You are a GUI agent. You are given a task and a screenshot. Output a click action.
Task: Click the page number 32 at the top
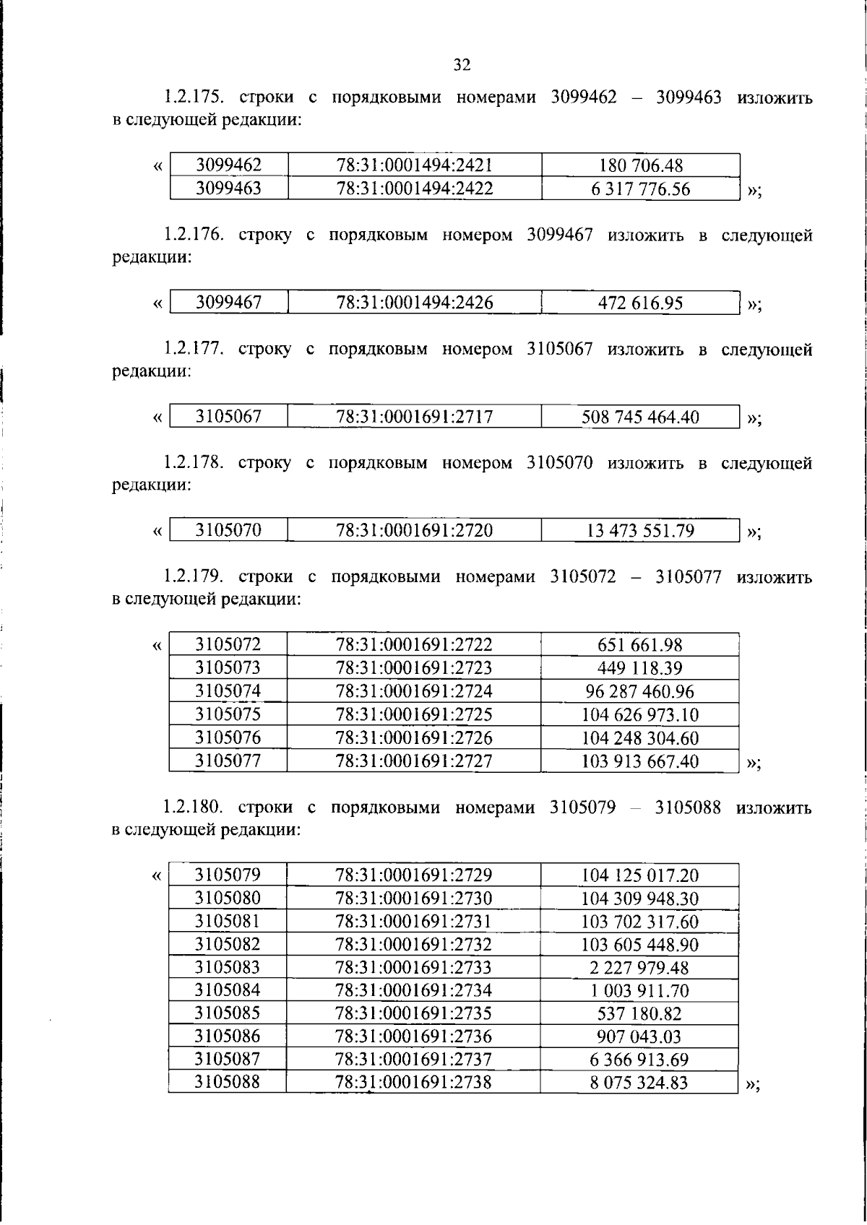462,65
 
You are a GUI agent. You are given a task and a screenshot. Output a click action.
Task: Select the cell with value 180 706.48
640,165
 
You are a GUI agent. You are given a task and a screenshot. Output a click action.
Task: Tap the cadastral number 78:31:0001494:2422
415,189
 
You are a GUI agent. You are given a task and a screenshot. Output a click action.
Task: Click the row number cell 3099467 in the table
228,303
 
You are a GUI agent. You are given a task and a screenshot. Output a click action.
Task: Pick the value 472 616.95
640,303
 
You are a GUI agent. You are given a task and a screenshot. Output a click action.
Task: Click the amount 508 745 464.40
640,417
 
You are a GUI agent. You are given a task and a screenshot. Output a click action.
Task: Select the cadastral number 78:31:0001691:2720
415,531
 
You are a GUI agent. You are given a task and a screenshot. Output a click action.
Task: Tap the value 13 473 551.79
640,531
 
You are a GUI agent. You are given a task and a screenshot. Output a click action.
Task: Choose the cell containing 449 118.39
640,668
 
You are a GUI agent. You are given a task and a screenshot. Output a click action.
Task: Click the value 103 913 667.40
640,761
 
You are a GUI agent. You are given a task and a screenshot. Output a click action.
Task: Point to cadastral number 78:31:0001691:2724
414,691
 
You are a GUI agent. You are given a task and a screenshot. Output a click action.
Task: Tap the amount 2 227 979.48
639,967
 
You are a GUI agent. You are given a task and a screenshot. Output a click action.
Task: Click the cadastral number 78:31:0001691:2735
413,1013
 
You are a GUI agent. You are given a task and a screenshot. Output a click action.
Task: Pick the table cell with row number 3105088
227,1082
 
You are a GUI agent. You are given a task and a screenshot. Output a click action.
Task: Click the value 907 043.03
639,1036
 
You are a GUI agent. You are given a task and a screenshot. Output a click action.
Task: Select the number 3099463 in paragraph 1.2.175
688,97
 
